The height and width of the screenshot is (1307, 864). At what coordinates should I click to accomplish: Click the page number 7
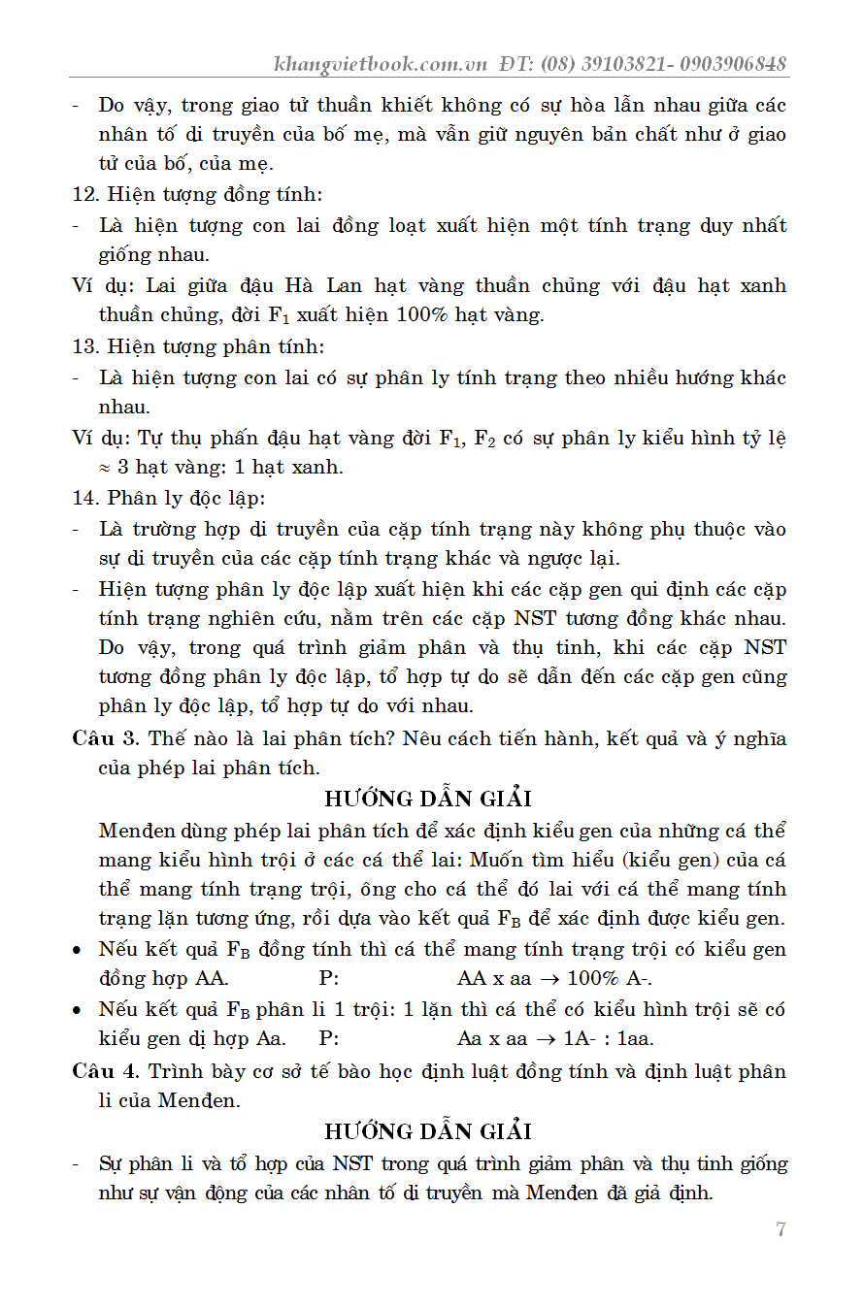[x=781, y=1230]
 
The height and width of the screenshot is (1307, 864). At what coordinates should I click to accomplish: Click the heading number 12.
[x=84, y=194]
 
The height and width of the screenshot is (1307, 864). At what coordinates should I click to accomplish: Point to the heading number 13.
[x=84, y=346]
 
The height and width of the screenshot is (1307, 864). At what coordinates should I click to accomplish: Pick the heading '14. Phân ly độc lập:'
[x=169, y=499]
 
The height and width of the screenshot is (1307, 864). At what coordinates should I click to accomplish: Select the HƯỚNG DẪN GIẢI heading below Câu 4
[x=428, y=1131]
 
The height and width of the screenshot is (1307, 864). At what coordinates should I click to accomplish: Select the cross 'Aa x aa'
[x=492, y=1039]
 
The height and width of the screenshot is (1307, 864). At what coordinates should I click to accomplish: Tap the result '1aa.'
[x=637, y=1039]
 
